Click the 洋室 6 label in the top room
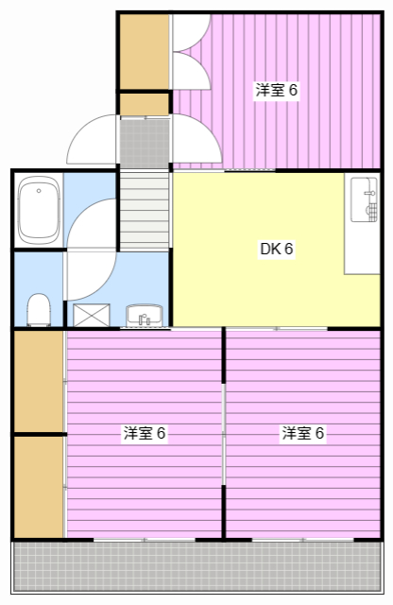click(x=276, y=91)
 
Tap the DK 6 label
click(x=277, y=250)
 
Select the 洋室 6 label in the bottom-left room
click(x=145, y=434)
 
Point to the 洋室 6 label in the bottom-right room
click(x=302, y=434)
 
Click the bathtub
click(x=39, y=210)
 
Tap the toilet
click(x=39, y=308)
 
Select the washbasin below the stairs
click(x=145, y=316)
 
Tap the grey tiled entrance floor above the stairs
click(x=144, y=141)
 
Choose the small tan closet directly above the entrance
click(x=144, y=102)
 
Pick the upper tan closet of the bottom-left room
click(x=38, y=380)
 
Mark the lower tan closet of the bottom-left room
click(x=38, y=486)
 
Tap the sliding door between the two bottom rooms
click(x=223, y=435)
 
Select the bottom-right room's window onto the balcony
click(x=302, y=540)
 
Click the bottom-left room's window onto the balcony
click(x=144, y=540)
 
